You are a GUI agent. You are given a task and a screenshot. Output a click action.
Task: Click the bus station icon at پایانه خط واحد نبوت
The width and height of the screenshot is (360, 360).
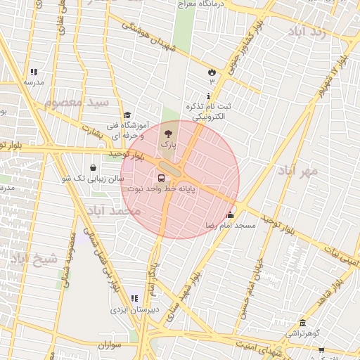[x=162, y=179]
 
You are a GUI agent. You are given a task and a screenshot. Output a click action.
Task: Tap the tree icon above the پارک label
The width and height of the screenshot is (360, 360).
[x=167, y=132]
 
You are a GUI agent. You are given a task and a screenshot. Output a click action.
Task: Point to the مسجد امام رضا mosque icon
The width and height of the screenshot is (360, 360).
[x=231, y=215]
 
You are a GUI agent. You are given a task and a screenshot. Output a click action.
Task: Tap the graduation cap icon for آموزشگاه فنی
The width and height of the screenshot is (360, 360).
[x=127, y=115]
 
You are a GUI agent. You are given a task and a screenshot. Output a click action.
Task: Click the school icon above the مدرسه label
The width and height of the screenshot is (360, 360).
[x=34, y=72]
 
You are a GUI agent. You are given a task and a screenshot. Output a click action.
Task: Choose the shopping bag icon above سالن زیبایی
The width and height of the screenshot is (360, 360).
[x=94, y=168]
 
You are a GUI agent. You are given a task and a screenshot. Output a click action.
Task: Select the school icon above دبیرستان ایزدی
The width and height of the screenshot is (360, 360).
[x=134, y=299]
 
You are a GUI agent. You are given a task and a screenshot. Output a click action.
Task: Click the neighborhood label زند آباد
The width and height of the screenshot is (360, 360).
[x=307, y=31]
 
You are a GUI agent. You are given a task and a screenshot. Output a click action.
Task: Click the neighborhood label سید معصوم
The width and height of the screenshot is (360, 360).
[x=77, y=103]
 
